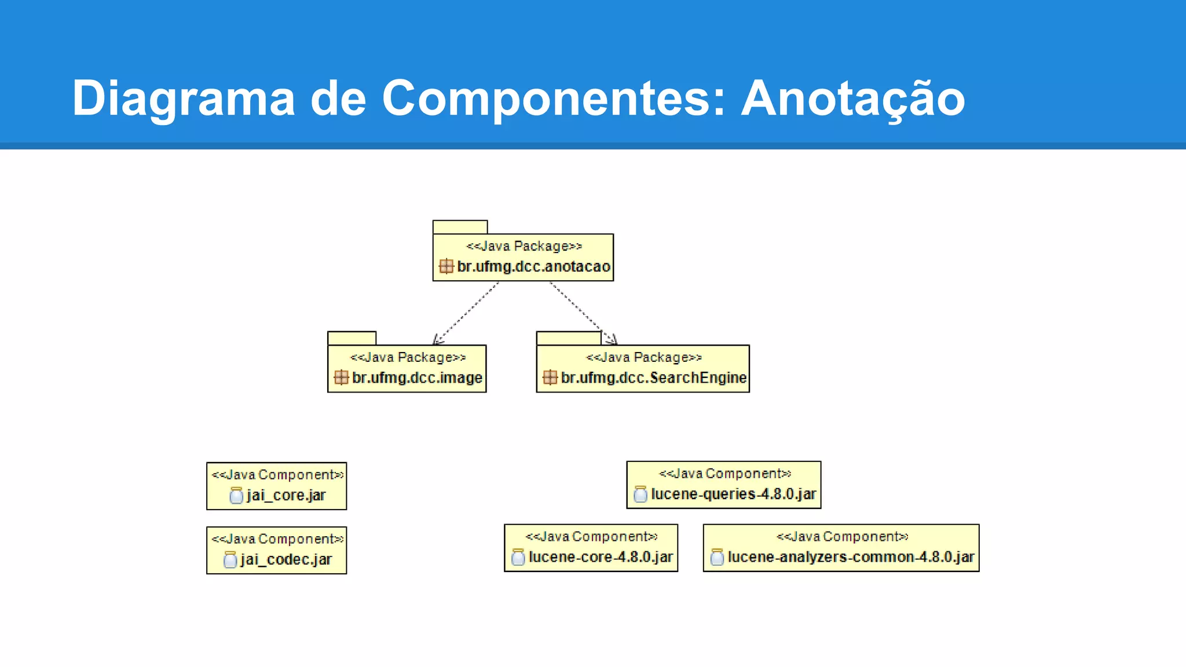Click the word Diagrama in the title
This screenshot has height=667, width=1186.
pyautogui.click(x=183, y=98)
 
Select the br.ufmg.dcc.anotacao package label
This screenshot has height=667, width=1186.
pyautogui.click(x=533, y=266)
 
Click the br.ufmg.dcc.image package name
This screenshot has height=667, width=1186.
pyautogui.click(x=417, y=378)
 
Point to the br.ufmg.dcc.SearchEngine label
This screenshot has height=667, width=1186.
pyautogui.click(x=653, y=378)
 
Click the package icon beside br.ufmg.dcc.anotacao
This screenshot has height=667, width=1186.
pyautogui.click(x=446, y=266)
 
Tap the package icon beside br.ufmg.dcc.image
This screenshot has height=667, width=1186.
pyautogui.click(x=341, y=378)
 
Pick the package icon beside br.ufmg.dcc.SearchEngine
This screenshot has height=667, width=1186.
pyautogui.click(x=550, y=378)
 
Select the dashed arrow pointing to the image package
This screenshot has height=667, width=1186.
pyautogui.click(x=466, y=313)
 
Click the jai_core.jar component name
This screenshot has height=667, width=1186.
pyautogui.click(x=286, y=496)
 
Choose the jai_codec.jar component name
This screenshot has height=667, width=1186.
pyautogui.click(x=286, y=560)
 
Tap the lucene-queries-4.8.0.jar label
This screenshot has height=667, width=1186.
pyautogui.click(x=733, y=494)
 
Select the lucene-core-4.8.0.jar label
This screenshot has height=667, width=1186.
pyautogui.click(x=601, y=557)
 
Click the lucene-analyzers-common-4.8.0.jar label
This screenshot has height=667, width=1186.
pyautogui.click(x=851, y=557)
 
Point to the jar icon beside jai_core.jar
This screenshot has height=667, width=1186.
pyautogui.click(x=236, y=496)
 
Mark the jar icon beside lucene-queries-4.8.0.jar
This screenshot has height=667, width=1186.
pyautogui.click(x=640, y=494)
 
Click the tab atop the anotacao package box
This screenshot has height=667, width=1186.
pyautogui.click(x=460, y=227)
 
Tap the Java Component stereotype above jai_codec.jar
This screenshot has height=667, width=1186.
pyautogui.click(x=277, y=539)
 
